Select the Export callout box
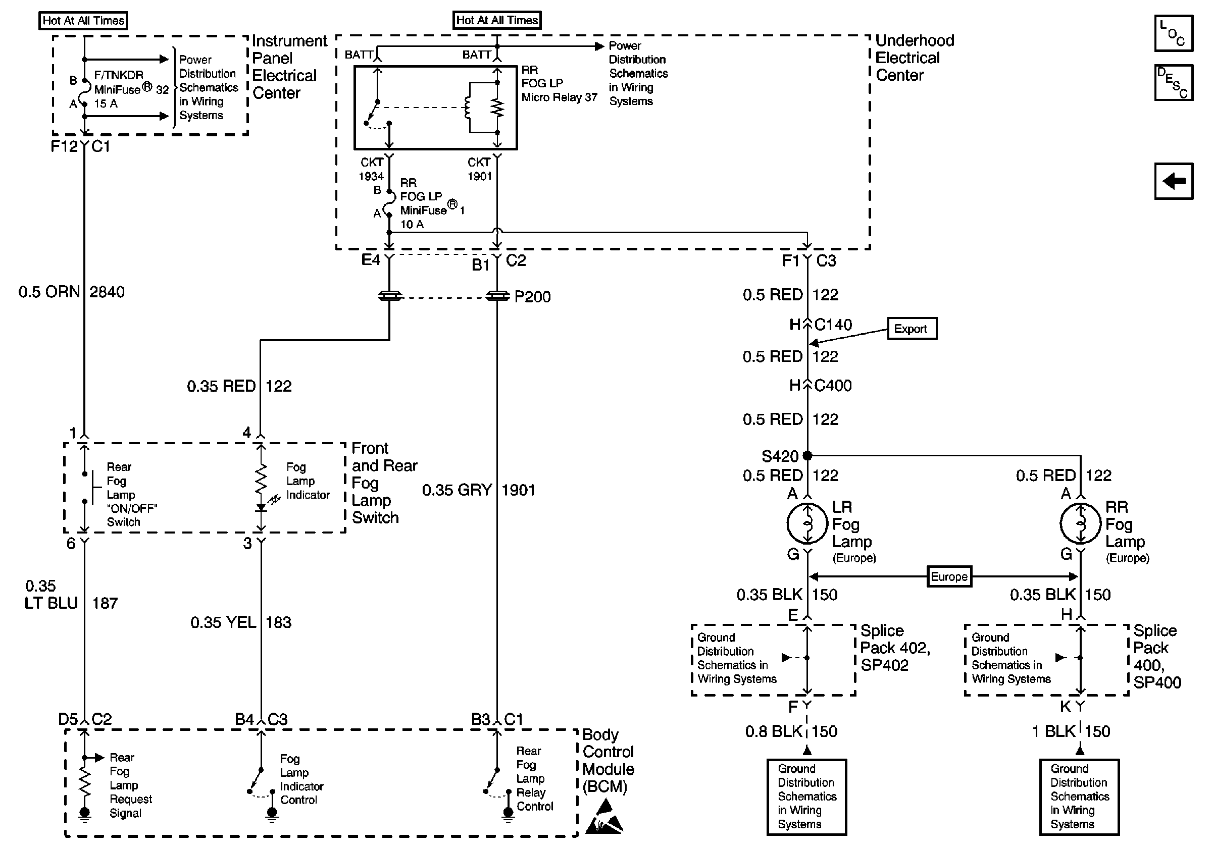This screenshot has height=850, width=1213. click(x=912, y=329)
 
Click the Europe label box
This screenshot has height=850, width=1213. click(x=949, y=576)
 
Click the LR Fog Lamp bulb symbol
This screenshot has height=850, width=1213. click(x=806, y=523)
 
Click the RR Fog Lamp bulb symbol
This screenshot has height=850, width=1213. click(x=1080, y=523)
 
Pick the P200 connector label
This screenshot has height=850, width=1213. click(x=532, y=297)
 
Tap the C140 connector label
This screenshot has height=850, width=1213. click(x=833, y=325)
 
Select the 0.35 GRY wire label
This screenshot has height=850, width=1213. click(x=457, y=490)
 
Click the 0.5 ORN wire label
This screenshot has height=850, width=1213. click(x=48, y=292)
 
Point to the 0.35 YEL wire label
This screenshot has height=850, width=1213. click(x=223, y=622)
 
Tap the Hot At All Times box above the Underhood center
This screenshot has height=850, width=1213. click(x=496, y=21)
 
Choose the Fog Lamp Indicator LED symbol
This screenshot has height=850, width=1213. click(x=261, y=508)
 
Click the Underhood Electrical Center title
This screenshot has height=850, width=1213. click(x=915, y=58)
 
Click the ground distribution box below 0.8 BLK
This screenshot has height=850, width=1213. click(x=806, y=796)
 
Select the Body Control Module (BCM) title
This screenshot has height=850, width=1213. click(x=608, y=760)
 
